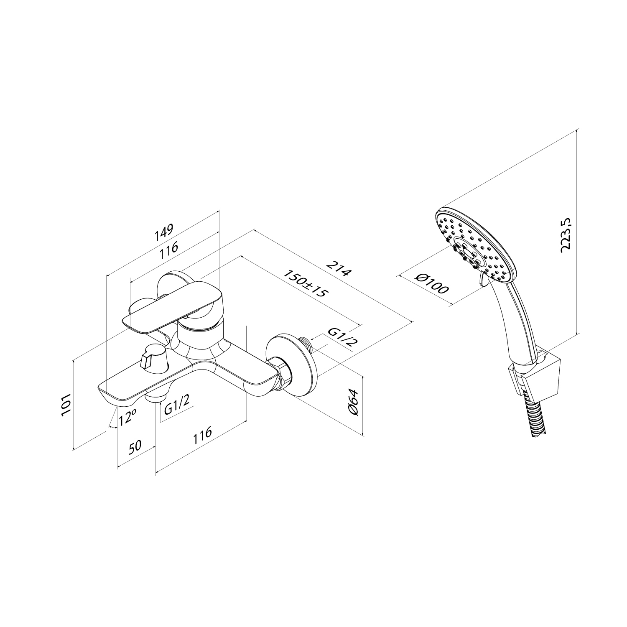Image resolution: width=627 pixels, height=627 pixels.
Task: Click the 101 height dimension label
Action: click(x=67, y=404)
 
